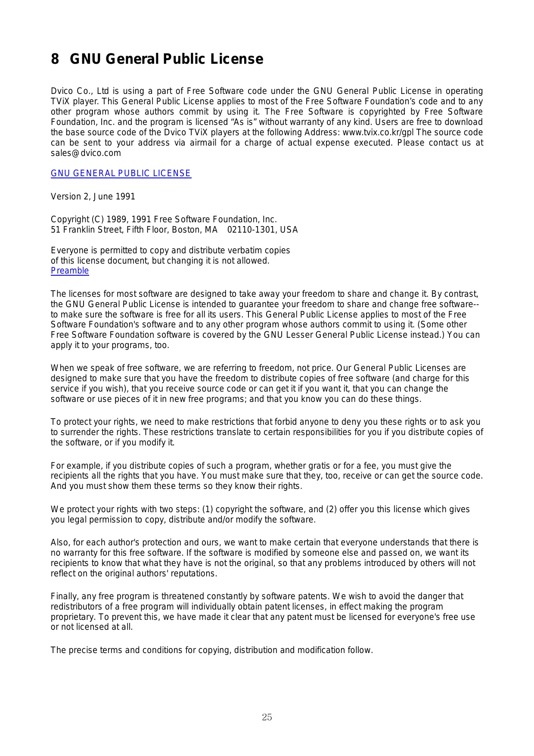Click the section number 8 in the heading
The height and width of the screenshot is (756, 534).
55,59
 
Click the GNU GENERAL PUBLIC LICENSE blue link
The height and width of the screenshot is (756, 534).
121,174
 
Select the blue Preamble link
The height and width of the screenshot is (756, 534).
70,271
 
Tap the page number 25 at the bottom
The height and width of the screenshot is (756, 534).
267,717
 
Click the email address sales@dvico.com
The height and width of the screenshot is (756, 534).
86,153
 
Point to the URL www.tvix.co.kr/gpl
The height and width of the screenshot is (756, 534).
378,133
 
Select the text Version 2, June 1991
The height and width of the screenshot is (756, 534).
93,197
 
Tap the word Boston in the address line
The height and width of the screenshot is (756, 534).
186,230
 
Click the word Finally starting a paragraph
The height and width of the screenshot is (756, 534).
64,597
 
